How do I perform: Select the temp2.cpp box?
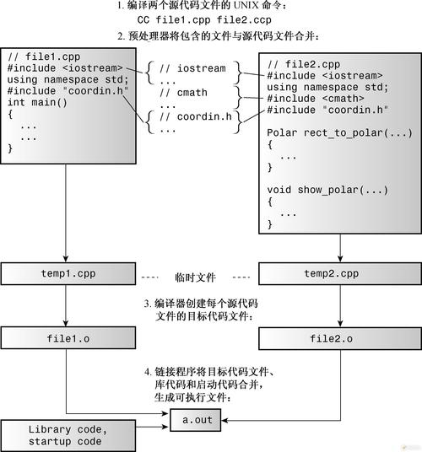(x=338, y=274)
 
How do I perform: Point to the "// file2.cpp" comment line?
(x=304, y=65)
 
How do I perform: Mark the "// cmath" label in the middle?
(x=187, y=94)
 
